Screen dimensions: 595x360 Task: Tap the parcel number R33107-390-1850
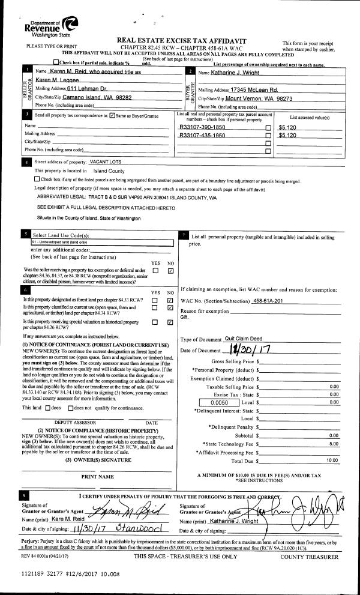coord(202,128)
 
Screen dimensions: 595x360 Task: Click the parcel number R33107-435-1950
coord(202,136)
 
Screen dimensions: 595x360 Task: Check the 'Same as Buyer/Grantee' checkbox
coord(112,115)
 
